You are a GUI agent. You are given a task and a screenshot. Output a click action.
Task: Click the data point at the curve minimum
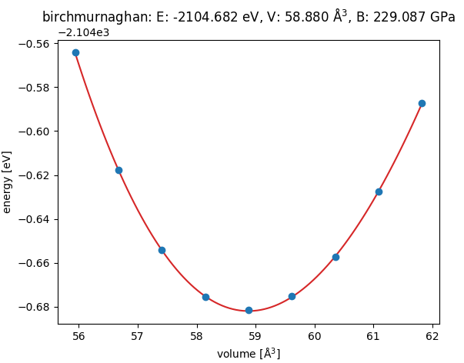click(x=249, y=310)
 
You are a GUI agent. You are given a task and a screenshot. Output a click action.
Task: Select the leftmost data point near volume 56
click(x=75, y=52)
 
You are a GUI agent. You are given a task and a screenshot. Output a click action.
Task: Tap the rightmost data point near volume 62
click(x=422, y=103)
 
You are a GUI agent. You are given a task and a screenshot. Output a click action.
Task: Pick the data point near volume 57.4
click(x=162, y=250)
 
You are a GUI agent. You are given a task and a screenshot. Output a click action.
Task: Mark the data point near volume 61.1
click(x=379, y=191)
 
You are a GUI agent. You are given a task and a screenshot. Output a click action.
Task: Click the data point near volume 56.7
click(x=119, y=170)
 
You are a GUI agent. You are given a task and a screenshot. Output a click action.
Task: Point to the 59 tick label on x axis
click(x=255, y=336)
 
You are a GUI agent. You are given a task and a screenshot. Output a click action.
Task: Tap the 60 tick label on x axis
click(x=314, y=336)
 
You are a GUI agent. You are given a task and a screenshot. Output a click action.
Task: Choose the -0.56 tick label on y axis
click(x=33, y=44)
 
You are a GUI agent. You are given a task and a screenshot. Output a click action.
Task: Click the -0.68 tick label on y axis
click(x=33, y=307)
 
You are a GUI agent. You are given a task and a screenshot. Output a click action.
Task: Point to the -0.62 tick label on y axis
click(x=33, y=175)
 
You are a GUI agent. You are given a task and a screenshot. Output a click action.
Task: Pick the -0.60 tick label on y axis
click(x=33, y=132)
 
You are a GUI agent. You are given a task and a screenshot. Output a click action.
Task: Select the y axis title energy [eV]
click(x=8, y=182)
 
